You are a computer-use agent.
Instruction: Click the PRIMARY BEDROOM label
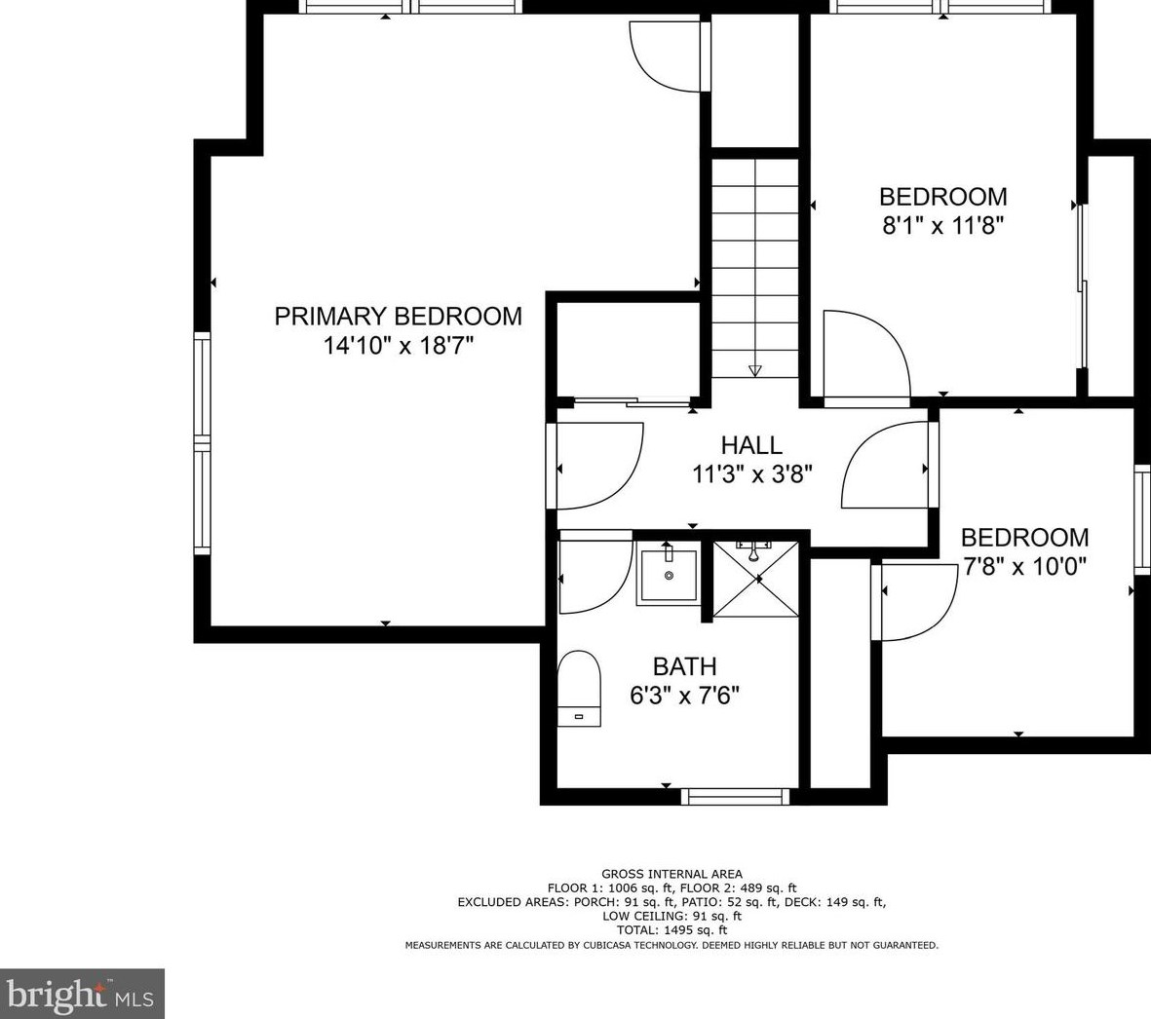tap(398, 317)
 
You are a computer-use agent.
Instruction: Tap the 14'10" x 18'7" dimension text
tap(399, 345)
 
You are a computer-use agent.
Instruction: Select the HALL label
tap(751, 445)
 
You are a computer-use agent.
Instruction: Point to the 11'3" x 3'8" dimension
tap(752, 473)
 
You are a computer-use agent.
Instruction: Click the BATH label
tap(684, 666)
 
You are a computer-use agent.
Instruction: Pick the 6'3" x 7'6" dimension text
tap(684, 695)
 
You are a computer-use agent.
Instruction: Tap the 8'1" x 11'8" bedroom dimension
tap(942, 225)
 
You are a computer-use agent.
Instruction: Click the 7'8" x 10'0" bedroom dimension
tap(1024, 566)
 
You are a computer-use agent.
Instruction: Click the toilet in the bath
tap(579, 688)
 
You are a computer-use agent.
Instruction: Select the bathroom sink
tap(669, 573)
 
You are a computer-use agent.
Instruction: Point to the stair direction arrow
tap(754, 370)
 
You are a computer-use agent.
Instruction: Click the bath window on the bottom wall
tap(736, 796)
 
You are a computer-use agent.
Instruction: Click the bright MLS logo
tap(82, 994)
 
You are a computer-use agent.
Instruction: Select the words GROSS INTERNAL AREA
tap(671, 874)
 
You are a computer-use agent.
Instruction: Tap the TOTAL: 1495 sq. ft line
tap(671, 930)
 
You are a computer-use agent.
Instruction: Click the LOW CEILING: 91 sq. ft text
tap(671, 917)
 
